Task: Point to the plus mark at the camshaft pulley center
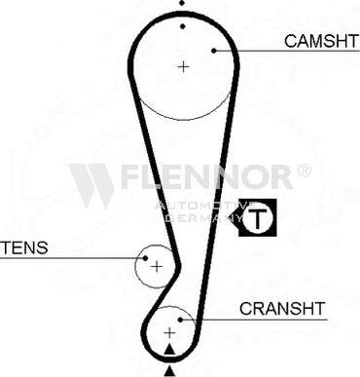183,66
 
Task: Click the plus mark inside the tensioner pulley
156,266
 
